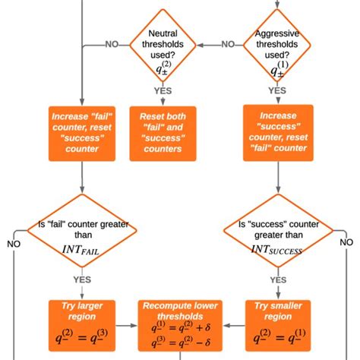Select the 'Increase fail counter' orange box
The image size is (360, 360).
click(x=81, y=133)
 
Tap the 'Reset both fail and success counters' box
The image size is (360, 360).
click(x=163, y=133)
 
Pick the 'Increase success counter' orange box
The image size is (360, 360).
click(x=278, y=132)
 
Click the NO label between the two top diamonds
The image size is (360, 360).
click(x=228, y=44)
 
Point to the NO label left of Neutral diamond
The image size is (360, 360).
click(x=112, y=44)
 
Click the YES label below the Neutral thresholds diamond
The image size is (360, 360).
click(x=163, y=90)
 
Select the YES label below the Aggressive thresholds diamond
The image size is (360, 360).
click(x=278, y=90)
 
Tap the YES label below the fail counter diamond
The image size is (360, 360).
click(x=81, y=279)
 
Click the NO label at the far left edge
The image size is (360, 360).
click(x=14, y=244)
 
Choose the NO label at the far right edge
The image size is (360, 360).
click(x=346, y=242)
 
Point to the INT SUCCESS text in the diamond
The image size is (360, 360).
click(x=278, y=251)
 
